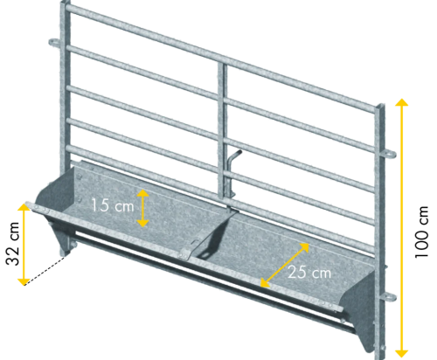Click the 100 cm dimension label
[x=421, y=232]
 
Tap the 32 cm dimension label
[x=13, y=244]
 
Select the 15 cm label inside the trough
[x=113, y=205]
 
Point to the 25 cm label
[x=309, y=273]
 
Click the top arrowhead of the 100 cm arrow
[x=402, y=102]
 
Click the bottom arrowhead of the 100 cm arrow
[x=402, y=353]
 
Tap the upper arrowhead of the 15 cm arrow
[x=142, y=192]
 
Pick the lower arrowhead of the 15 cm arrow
[x=142, y=224]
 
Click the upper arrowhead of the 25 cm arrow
[x=304, y=246]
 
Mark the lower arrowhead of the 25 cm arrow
[x=265, y=283]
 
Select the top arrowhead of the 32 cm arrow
[x=24, y=206]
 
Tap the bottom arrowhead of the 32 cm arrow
[x=24, y=282]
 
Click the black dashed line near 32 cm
[x=45, y=271]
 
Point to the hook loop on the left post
[x=54, y=43]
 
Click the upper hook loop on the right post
[x=390, y=154]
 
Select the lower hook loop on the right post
[x=390, y=297]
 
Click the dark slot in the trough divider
[x=203, y=254]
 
